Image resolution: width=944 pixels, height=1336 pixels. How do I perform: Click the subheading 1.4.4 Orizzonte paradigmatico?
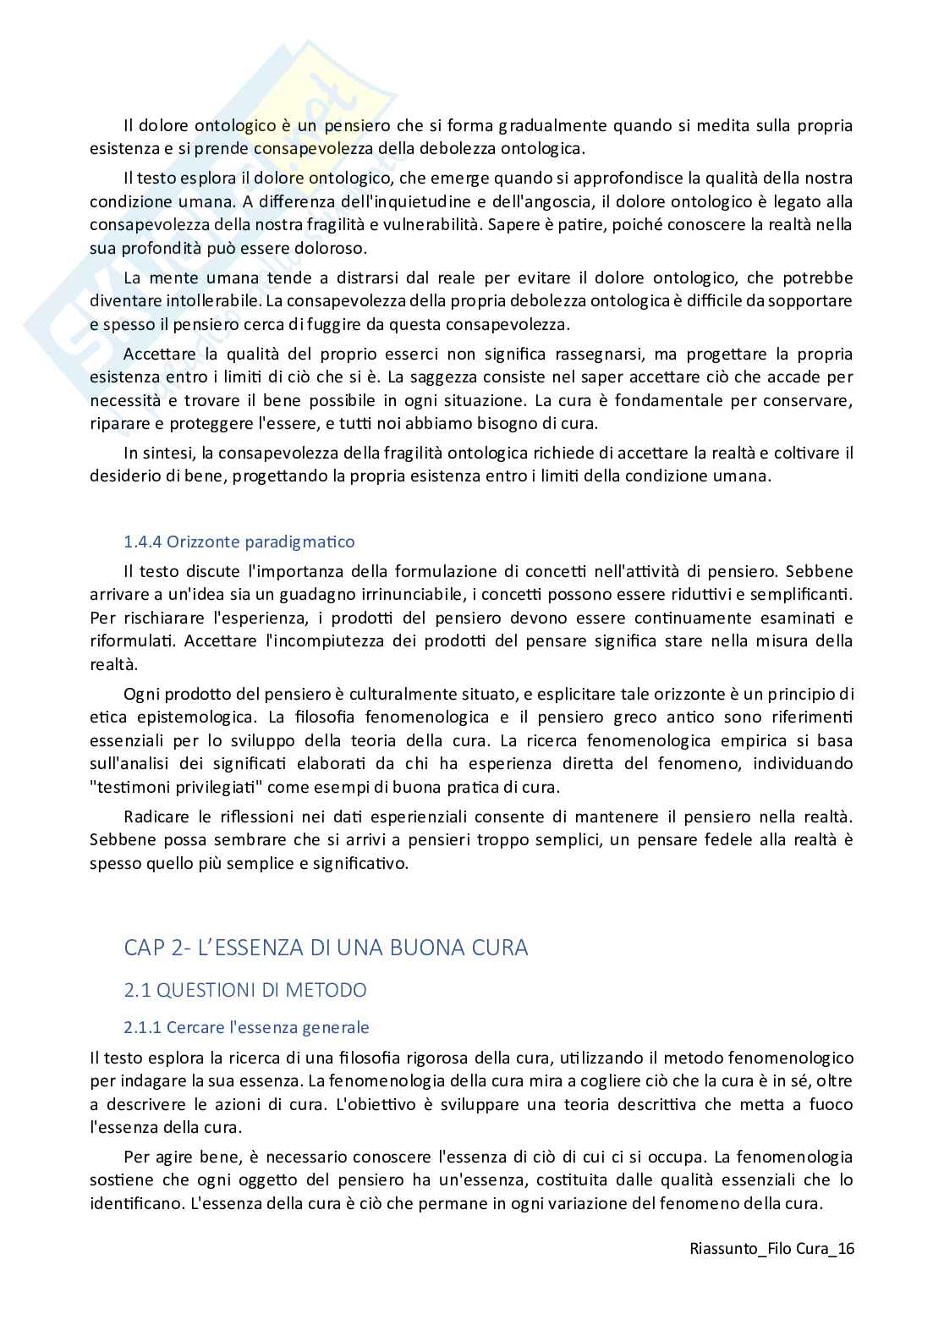tap(239, 542)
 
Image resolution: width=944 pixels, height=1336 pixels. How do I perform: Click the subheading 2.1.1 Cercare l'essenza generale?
tap(246, 1028)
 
